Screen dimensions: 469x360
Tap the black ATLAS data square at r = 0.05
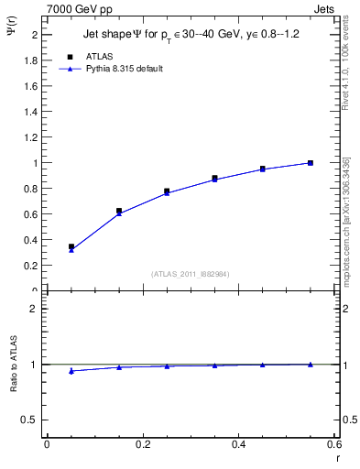pos(71,246)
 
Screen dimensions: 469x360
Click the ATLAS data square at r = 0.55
pos(311,163)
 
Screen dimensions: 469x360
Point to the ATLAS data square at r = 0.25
pos(167,191)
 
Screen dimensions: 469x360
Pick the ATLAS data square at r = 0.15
pos(119,211)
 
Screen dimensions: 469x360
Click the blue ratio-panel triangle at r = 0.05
pos(71,371)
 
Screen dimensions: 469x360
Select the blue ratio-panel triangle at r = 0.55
pos(311,364)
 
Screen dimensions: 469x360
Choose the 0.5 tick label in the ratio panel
pos(29,420)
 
